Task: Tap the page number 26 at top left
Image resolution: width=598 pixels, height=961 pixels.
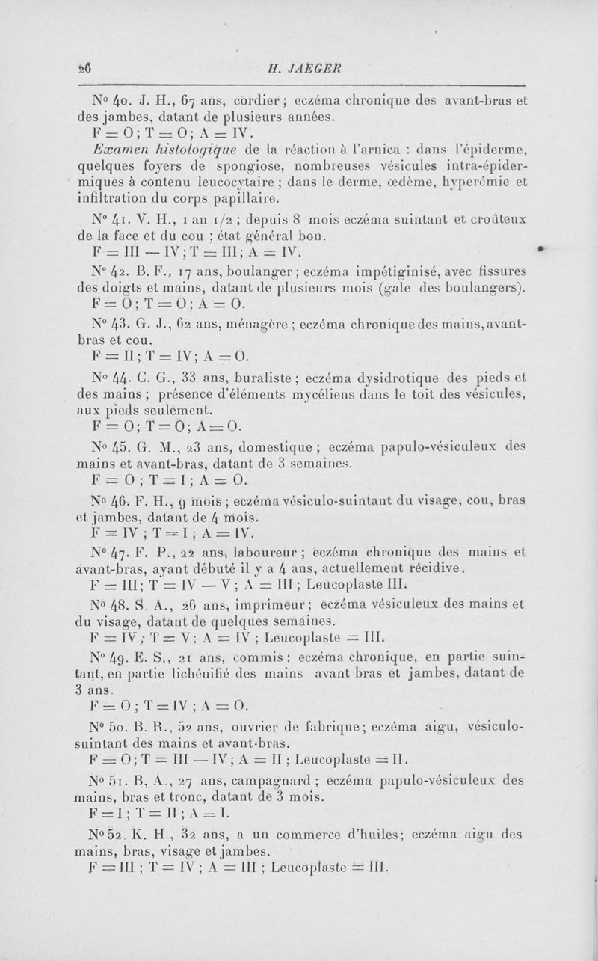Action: pos(84,65)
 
